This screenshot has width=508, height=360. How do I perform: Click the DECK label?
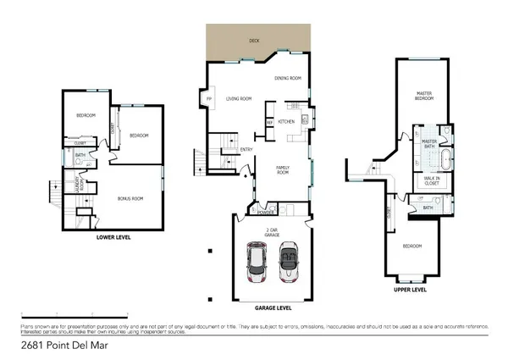pos(254,40)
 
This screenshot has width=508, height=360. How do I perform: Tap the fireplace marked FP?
pos(209,98)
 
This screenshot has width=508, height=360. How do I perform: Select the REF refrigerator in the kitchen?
pos(270,121)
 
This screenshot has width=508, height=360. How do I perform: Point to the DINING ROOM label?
pos(288,79)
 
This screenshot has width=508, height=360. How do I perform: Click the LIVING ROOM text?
pos(239,98)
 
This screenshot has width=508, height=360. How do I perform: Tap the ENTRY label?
pos(246,150)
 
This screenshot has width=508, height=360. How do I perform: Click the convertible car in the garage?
pos(290,262)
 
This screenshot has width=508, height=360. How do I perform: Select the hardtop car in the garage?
pos(256,262)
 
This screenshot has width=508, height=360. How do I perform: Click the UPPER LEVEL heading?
pos(411,289)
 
